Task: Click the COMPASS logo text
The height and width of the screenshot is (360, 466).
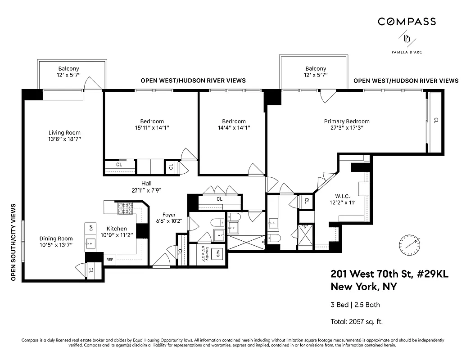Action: (x=407, y=22)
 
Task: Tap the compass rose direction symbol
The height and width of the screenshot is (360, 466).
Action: (x=409, y=244)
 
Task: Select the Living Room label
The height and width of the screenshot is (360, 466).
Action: (x=64, y=132)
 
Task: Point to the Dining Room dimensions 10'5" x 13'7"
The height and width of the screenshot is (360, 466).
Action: (x=56, y=245)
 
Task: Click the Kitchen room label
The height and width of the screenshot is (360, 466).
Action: (x=117, y=229)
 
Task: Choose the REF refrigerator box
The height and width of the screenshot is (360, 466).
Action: (x=110, y=260)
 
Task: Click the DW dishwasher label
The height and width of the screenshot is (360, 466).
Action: (x=90, y=228)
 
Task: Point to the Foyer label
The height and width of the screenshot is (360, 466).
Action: (x=169, y=215)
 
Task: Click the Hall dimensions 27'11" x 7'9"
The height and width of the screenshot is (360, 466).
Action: (x=146, y=190)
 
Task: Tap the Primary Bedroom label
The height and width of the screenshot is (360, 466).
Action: (x=347, y=121)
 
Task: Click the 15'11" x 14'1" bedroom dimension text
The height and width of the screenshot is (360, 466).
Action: (x=152, y=128)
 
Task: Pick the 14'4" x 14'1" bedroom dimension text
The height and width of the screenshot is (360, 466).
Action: (x=234, y=128)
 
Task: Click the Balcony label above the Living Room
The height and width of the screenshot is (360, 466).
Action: (x=68, y=68)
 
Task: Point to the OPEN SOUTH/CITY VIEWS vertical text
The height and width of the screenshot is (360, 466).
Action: (x=13, y=242)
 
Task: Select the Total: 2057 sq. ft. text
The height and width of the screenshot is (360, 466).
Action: (x=357, y=321)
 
